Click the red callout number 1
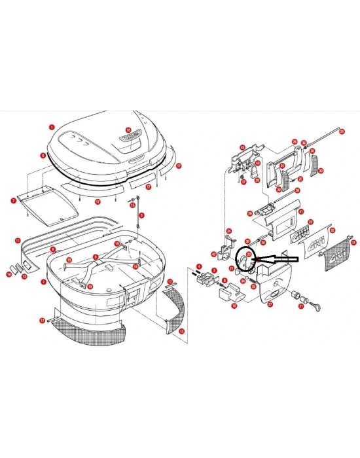52,127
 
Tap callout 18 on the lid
128,130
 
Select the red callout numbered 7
13,200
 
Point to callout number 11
18,241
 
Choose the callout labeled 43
242,147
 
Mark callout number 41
300,211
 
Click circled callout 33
249,256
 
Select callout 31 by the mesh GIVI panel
353,243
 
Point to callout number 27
272,304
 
